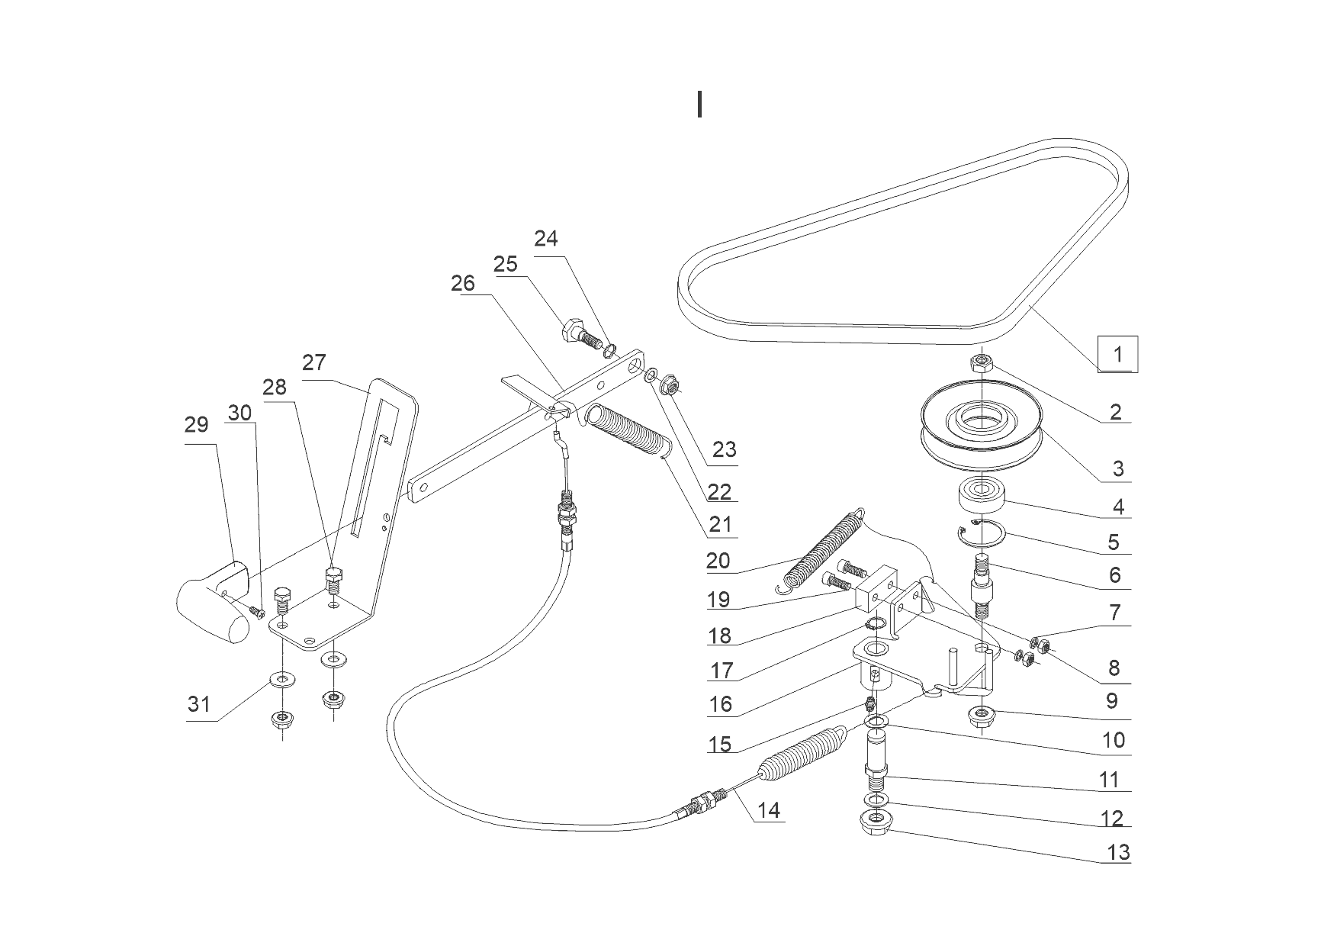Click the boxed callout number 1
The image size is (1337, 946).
coord(1117,354)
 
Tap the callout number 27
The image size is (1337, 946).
coord(313,362)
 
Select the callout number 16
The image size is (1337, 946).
coord(720,704)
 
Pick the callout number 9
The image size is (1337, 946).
coord(1111,700)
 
